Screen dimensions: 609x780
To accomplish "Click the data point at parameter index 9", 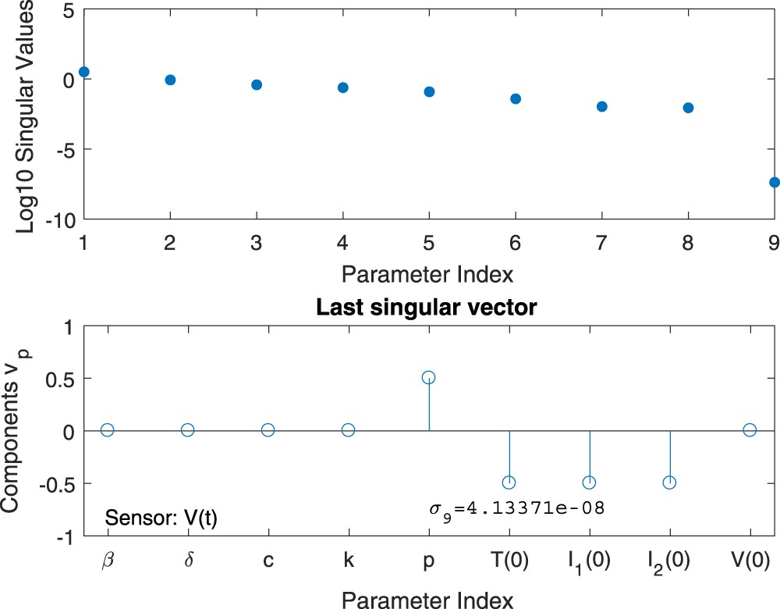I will pyautogui.click(x=774, y=182).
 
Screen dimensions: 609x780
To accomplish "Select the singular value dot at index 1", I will pyautogui.click(x=84, y=72).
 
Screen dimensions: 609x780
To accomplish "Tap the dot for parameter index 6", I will pyautogui.click(x=516, y=98).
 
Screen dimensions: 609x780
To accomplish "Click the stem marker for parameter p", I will pyautogui.click(x=428, y=378).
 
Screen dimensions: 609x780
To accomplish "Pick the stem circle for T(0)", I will pyautogui.click(x=509, y=483).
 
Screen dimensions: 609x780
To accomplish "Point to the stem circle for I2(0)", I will pyautogui.click(x=669, y=483).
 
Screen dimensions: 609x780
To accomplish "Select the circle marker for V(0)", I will pyautogui.click(x=750, y=430).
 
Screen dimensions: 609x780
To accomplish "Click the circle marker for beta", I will pyautogui.click(x=107, y=430).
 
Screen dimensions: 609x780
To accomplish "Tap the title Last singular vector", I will pyautogui.click(x=427, y=308).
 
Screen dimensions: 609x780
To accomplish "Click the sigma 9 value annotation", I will pyautogui.click(x=517, y=509).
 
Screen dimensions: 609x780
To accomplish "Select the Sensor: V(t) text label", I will pyautogui.click(x=161, y=518).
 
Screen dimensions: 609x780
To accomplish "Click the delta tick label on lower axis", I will pyautogui.click(x=187, y=561).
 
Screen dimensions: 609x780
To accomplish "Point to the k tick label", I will pyautogui.click(x=348, y=561).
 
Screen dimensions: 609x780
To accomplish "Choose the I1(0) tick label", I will pyautogui.click(x=589, y=562).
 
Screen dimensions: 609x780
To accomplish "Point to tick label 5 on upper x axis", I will pyautogui.click(x=428, y=243).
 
